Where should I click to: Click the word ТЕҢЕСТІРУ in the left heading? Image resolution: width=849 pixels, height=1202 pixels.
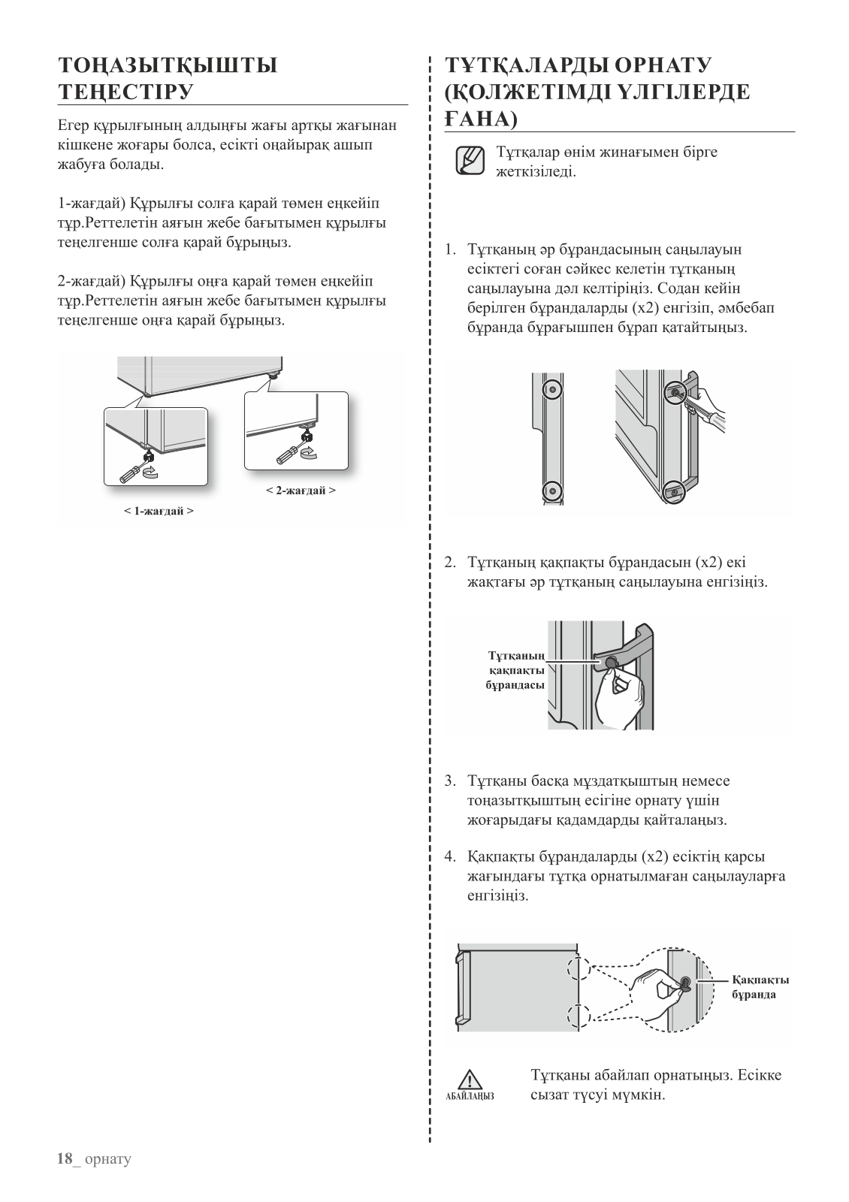[x=126, y=92]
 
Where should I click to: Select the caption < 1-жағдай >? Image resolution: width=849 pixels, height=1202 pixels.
[x=159, y=511]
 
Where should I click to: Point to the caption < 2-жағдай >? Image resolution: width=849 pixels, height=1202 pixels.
[x=301, y=491]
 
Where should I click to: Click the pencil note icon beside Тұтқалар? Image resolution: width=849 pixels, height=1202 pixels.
[x=470, y=162]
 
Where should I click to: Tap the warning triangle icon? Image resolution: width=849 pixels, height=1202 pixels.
[x=470, y=1079]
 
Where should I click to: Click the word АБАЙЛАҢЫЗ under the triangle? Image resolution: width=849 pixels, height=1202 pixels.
[x=470, y=1096]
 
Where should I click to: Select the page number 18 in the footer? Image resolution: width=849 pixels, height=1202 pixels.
[x=66, y=1158]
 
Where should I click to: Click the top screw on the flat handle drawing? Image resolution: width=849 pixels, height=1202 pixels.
[x=553, y=391]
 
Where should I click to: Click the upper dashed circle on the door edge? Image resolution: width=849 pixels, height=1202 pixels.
[x=579, y=968]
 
